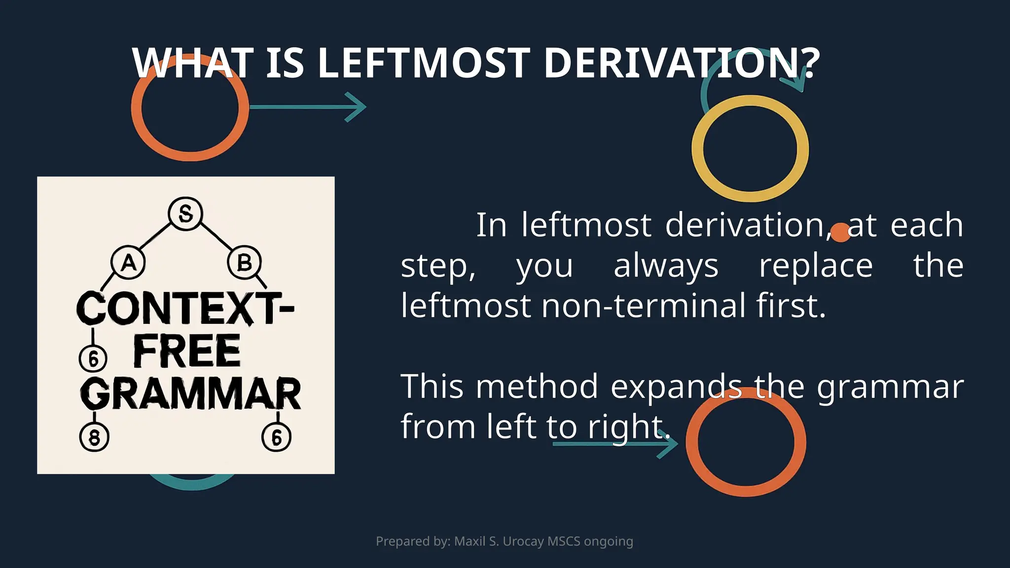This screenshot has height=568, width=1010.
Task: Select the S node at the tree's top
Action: click(x=185, y=213)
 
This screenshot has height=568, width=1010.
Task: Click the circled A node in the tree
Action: click(x=128, y=263)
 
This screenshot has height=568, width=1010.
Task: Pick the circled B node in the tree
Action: click(x=244, y=263)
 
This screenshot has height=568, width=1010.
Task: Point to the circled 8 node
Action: click(x=94, y=437)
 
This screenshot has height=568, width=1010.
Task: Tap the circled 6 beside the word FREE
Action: click(x=93, y=358)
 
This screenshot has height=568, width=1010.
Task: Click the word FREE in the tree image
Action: click(x=187, y=351)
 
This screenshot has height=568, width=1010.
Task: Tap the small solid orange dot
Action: click(x=840, y=233)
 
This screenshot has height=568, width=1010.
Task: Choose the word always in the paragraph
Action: click(x=666, y=266)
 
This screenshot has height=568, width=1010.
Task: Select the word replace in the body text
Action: click(x=816, y=266)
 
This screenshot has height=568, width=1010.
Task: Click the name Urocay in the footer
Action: click(x=523, y=541)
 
